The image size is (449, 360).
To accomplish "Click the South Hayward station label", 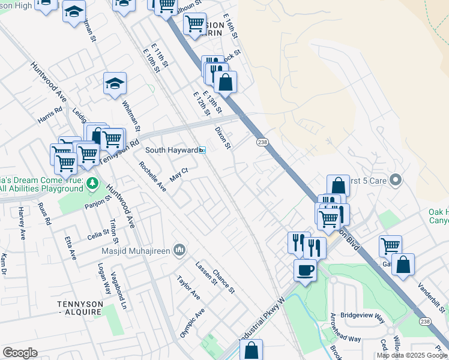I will pyautogui.click(x=172, y=150).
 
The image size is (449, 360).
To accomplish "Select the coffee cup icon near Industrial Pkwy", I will pyautogui.click(x=305, y=270).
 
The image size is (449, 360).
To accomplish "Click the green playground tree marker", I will pyautogui.click(x=91, y=182).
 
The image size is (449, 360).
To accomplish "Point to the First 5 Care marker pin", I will pyautogui.click(x=395, y=179).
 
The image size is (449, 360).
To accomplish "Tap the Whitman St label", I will pyautogui.click(x=131, y=116).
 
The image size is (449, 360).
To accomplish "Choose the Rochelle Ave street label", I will pyautogui.click(x=152, y=176).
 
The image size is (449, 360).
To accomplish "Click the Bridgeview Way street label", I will pyautogui.click(x=362, y=315).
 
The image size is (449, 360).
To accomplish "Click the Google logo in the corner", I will pyautogui.click(x=20, y=353).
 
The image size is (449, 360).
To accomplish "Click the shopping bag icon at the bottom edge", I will pyautogui.click(x=252, y=350).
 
